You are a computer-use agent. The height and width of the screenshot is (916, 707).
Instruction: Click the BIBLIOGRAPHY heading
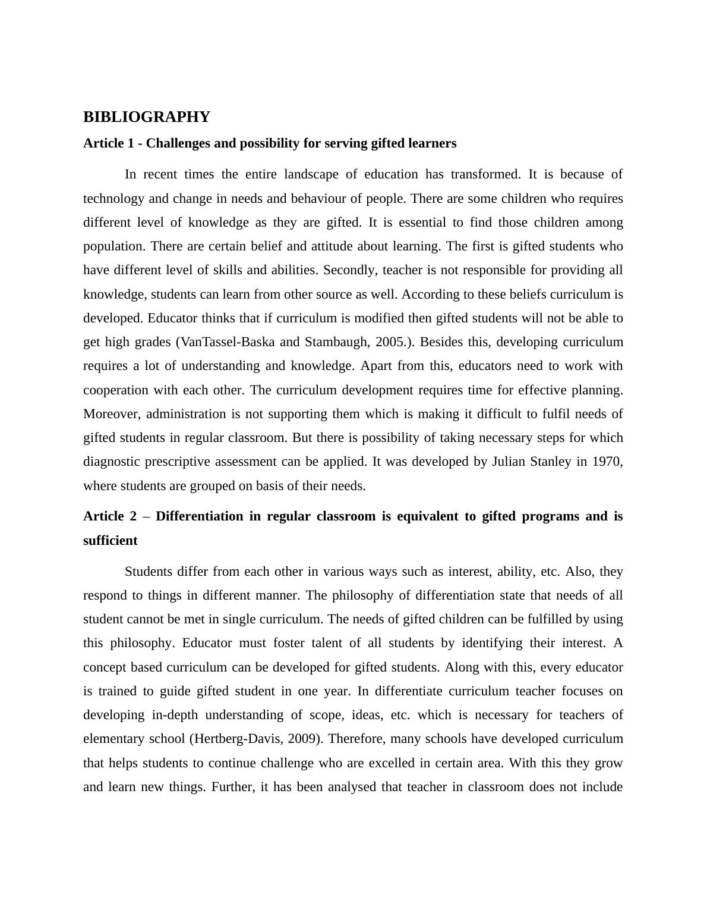(146, 117)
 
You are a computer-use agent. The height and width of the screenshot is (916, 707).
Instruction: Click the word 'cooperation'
(116, 390)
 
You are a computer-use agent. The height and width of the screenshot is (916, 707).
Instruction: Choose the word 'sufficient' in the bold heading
(110, 541)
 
